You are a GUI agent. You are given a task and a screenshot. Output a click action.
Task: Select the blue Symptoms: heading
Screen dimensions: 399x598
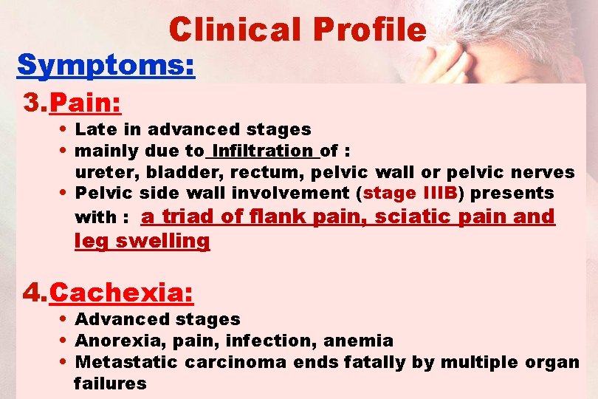(x=106, y=65)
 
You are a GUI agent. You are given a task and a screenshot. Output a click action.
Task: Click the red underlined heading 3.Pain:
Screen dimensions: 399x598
(x=73, y=103)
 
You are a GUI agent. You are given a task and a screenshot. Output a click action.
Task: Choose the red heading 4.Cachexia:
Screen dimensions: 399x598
(x=109, y=293)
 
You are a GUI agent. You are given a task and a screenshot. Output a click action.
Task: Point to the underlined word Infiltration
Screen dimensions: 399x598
(x=262, y=151)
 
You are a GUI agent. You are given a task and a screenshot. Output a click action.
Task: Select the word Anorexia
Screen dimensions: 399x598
(x=111, y=341)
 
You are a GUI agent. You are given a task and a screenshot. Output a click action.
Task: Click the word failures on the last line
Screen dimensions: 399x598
(x=110, y=383)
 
